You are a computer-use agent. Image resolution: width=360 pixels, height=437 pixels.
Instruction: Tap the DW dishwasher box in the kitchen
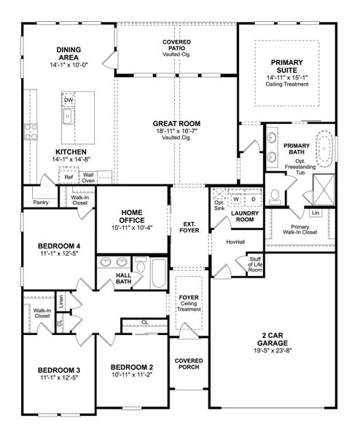[69, 100]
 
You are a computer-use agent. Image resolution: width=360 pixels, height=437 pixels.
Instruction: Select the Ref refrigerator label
[68, 176]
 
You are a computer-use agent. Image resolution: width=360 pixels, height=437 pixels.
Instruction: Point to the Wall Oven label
[88, 176]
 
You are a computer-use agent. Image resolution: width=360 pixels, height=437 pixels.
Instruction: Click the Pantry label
[41, 203]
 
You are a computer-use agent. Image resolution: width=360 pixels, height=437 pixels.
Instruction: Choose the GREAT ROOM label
[172, 124]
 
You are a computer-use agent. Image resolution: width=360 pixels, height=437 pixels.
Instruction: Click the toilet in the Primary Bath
[275, 193]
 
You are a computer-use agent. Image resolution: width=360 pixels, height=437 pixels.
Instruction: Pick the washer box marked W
[236, 198]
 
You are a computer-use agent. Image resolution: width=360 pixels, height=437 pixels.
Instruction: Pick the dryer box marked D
[253, 198]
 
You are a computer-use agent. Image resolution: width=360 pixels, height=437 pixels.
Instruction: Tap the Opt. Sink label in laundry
[219, 205]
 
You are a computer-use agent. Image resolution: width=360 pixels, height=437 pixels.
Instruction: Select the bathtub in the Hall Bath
[154, 274]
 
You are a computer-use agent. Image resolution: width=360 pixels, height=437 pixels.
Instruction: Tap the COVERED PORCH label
[189, 365]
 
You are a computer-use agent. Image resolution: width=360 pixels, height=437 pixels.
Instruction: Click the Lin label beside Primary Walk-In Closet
[315, 213]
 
